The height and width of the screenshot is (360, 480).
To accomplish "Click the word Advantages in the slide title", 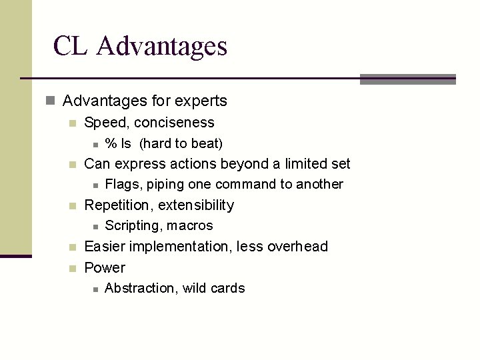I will click(x=161, y=46).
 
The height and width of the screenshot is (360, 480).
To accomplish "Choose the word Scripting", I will click(x=133, y=225).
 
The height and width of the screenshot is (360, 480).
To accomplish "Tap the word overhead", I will click(x=297, y=246).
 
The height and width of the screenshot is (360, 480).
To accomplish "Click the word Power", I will click(x=105, y=267).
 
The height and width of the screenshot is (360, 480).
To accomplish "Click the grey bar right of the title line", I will click(x=407, y=79).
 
